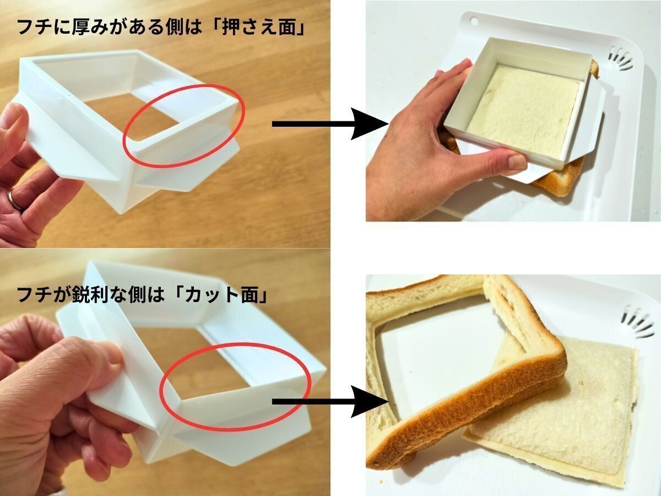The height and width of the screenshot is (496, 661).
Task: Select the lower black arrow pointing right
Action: [x=330, y=402]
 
